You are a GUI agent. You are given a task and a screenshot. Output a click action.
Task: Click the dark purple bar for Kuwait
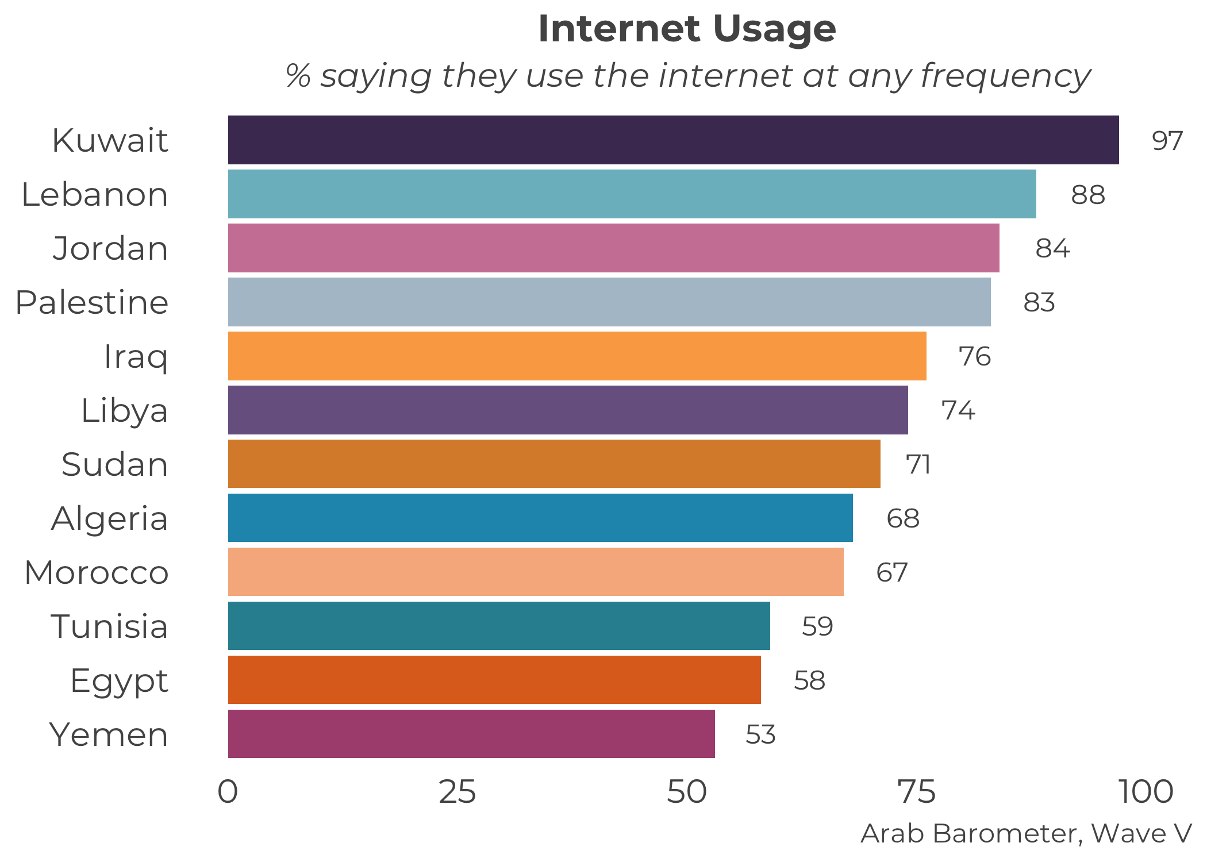click(673, 140)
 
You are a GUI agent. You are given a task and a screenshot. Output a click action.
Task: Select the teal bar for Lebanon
click(632, 194)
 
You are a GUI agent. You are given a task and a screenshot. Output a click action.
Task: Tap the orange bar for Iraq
click(577, 356)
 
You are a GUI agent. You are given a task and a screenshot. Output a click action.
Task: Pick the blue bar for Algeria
click(540, 518)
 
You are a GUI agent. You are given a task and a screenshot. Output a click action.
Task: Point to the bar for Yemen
click(471, 734)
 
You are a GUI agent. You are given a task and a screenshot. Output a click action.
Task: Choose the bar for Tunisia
click(499, 626)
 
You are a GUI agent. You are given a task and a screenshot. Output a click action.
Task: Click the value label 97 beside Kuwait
click(1167, 141)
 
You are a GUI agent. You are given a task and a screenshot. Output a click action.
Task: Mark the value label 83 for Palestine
click(1039, 302)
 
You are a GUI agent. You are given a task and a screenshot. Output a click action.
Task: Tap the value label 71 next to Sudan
click(918, 464)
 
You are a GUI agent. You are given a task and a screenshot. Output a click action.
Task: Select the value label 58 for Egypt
click(809, 680)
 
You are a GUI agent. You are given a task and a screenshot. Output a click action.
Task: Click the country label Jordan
click(110, 248)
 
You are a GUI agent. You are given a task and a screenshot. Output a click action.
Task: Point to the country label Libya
click(124, 410)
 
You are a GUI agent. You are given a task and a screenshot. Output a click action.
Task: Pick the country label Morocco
click(97, 572)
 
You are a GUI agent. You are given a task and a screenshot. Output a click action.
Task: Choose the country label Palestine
click(92, 302)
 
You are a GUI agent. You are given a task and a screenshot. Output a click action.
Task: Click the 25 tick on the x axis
click(458, 792)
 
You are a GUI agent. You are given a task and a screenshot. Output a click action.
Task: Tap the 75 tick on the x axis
click(917, 792)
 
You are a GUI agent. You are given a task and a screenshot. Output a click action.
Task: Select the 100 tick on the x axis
click(1146, 792)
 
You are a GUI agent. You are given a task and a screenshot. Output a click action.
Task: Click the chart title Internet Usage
click(687, 29)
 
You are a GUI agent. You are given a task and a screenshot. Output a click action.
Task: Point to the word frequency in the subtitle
click(1006, 76)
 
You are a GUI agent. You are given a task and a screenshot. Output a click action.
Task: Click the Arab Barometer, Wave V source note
click(1026, 833)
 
